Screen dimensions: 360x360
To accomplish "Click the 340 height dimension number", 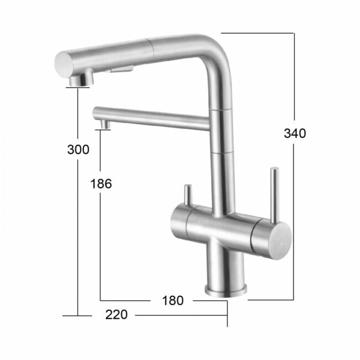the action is click(x=295, y=133).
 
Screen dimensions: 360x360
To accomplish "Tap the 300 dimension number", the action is click(x=78, y=150).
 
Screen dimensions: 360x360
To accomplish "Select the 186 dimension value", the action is click(x=101, y=184).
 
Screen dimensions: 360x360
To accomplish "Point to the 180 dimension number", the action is click(x=173, y=301).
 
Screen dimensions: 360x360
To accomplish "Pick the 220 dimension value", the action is click(x=116, y=315).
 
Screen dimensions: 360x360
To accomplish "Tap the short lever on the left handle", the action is click(x=188, y=194).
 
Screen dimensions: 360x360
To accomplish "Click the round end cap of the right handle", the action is click(x=281, y=241).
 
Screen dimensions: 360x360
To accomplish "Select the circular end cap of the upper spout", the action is click(x=64, y=64).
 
